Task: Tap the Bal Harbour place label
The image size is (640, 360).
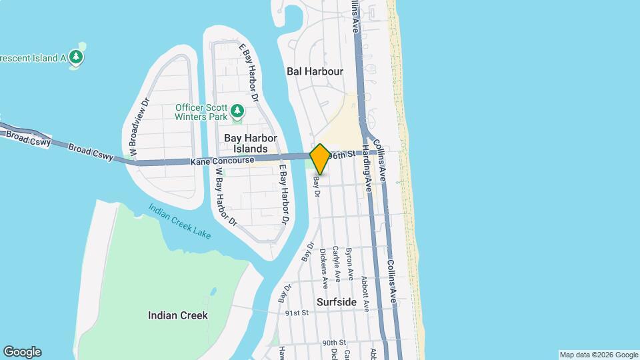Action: click(315, 71)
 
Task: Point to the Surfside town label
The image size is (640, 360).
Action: click(337, 302)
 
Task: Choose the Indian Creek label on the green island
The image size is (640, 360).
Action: click(178, 315)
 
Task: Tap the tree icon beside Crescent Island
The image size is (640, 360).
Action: click(78, 57)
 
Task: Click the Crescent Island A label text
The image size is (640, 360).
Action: click(33, 57)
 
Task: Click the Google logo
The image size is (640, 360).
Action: click(22, 352)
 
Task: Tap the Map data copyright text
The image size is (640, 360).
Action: click(599, 355)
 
